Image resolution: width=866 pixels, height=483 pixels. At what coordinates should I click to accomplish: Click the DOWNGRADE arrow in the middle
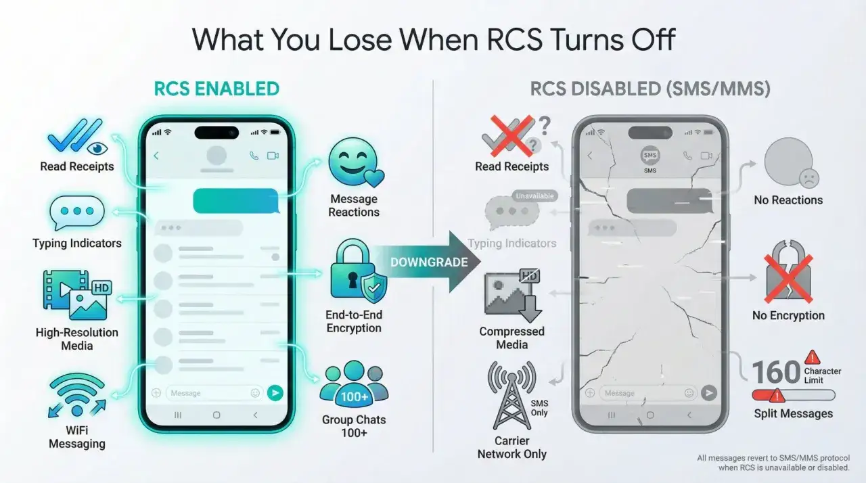[429, 262]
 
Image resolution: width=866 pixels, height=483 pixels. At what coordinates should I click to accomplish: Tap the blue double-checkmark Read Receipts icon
[77, 136]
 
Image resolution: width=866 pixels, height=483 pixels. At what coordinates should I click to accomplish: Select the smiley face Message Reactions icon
[356, 162]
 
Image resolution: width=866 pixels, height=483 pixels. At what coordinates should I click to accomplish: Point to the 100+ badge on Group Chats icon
[354, 397]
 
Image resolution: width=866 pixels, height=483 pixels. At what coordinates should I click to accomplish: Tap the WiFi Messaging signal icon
[77, 395]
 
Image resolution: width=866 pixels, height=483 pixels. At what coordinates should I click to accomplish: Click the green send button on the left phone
[275, 393]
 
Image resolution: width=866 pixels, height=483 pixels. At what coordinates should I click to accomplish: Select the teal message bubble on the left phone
[236, 200]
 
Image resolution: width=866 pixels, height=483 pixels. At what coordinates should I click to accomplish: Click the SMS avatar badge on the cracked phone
[650, 156]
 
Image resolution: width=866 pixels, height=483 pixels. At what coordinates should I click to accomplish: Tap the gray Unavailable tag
[534, 196]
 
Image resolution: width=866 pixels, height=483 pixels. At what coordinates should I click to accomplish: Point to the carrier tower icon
[512, 395]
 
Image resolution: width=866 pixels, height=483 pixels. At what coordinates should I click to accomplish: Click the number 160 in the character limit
[775, 371]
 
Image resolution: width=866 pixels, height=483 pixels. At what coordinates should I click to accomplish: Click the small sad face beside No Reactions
[809, 179]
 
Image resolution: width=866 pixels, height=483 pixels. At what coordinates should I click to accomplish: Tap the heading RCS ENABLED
[216, 89]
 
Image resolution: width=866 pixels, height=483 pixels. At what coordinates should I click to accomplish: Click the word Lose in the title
[360, 39]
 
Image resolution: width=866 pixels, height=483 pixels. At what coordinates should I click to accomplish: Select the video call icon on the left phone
[273, 156]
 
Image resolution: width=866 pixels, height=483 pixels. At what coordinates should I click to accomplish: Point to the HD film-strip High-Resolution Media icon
[77, 295]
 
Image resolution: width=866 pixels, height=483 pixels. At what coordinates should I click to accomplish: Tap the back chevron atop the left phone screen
[156, 156]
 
